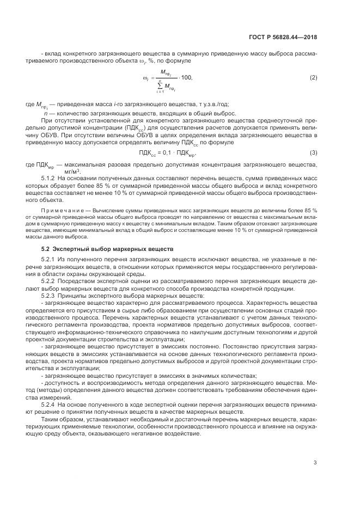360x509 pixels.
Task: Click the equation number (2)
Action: pos(313,78)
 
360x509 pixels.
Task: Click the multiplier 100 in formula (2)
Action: pos(186,78)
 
